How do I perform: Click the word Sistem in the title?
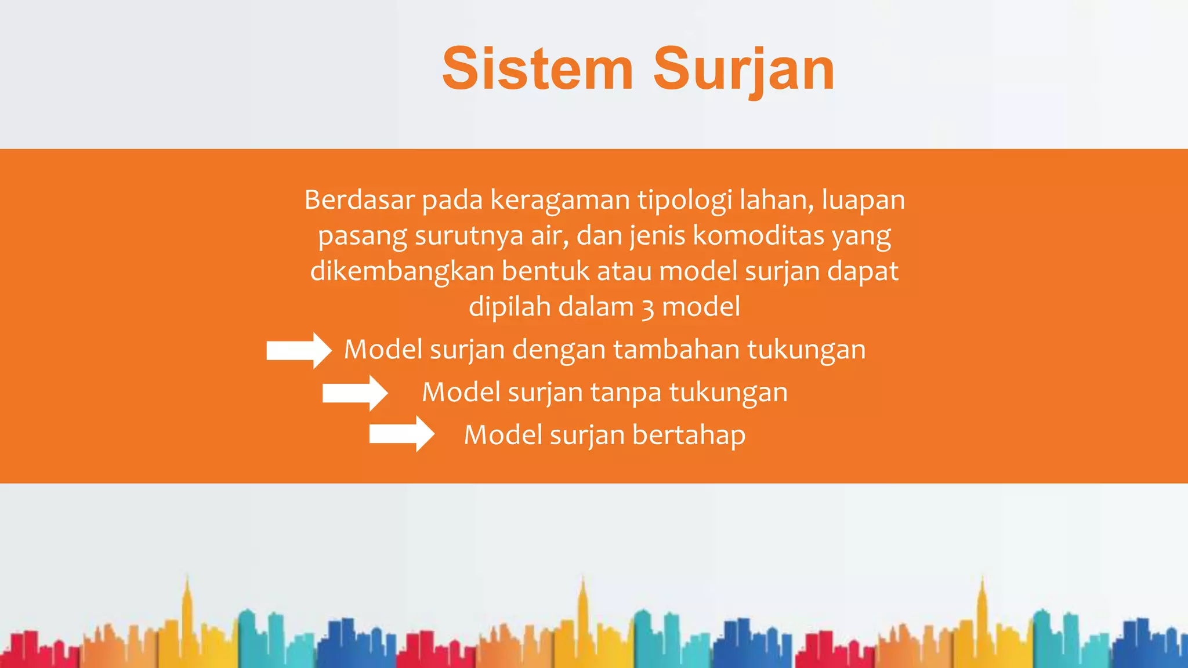click(x=537, y=70)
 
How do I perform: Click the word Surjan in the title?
click(x=744, y=70)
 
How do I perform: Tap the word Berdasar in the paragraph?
click(x=360, y=200)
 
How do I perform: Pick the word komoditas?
click(x=758, y=236)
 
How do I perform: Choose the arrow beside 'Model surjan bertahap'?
click(x=401, y=434)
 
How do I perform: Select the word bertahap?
click(x=689, y=435)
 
